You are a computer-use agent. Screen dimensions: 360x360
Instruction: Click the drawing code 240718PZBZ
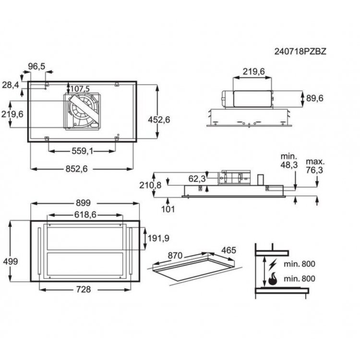[x=300, y=51]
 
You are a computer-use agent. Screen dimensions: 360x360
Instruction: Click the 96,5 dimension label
[x=37, y=67]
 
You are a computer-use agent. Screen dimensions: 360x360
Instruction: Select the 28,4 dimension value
[x=11, y=85]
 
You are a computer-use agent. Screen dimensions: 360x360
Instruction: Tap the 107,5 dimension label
[x=80, y=89]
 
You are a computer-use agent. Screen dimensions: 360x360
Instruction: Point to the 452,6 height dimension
[x=159, y=120]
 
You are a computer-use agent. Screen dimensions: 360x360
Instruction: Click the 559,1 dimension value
[x=83, y=151]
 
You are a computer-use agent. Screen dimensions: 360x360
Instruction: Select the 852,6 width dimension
[x=77, y=169]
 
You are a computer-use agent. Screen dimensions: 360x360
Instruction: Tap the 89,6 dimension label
[x=315, y=98]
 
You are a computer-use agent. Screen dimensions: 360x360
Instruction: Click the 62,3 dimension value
[x=197, y=179]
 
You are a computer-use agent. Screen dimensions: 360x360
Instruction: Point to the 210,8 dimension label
[x=150, y=185]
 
